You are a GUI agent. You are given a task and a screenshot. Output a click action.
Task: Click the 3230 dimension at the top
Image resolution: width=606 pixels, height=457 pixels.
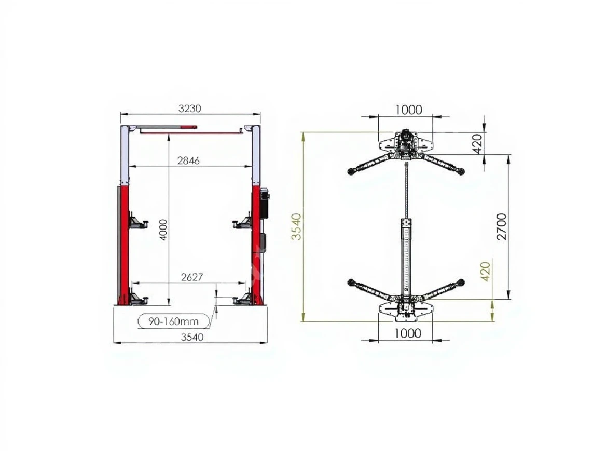(x=190, y=109)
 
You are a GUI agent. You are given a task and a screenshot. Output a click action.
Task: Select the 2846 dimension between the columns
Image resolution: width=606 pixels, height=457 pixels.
(x=189, y=160)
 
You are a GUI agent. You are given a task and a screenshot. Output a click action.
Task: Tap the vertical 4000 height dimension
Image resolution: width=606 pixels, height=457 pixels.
(x=163, y=230)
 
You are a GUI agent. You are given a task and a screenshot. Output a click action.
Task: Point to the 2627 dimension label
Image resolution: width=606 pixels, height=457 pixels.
(x=192, y=277)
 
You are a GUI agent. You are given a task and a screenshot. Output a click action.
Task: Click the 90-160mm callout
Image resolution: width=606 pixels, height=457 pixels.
(x=173, y=321)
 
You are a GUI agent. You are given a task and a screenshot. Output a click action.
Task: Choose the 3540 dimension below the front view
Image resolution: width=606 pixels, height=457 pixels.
(x=192, y=337)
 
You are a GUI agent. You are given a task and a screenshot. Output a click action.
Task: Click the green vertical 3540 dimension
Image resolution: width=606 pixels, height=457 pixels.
(x=296, y=226)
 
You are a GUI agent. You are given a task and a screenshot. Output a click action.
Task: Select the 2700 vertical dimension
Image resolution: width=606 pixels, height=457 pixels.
(x=502, y=227)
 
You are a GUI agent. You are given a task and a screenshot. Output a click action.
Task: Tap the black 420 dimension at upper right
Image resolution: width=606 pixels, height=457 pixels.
(x=478, y=143)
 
